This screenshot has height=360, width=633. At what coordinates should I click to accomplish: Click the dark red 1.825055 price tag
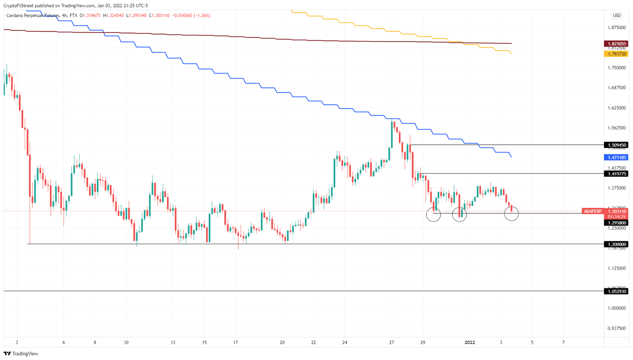pyautogui.click(x=616, y=44)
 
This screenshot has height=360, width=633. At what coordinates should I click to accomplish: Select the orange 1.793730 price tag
pyautogui.click(x=616, y=54)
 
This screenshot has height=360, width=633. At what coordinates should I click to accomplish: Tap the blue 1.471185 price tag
pyautogui.click(x=616, y=158)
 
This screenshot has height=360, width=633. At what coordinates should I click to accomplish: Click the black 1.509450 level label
pyautogui.click(x=616, y=145)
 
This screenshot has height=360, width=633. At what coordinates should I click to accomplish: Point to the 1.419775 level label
pyautogui.click(x=616, y=174)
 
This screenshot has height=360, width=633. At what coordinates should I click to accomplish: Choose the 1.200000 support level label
pyautogui.click(x=616, y=244)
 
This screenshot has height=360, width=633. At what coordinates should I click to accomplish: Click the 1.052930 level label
pyautogui.click(x=616, y=292)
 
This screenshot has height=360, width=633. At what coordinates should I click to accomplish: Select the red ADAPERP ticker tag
pyautogui.click(x=592, y=212)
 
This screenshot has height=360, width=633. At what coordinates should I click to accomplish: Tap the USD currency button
pyautogui.click(x=617, y=15)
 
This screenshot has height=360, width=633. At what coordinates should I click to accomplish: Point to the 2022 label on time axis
pyautogui.click(x=470, y=342)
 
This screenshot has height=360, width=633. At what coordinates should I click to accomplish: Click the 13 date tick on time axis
pyautogui.click(x=173, y=342)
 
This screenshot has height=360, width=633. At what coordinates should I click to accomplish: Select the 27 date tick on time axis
pyautogui.click(x=392, y=342)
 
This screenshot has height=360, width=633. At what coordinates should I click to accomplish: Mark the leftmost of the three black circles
pyautogui.click(x=433, y=214)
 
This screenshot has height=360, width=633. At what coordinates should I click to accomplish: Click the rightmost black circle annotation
pyautogui.click(x=511, y=213)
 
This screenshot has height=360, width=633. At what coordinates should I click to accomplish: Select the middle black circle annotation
pyautogui.click(x=460, y=214)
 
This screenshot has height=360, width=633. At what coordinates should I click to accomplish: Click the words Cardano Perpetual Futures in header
pyautogui.click(x=32, y=15)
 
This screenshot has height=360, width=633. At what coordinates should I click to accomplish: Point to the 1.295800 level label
pyautogui.click(x=616, y=223)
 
